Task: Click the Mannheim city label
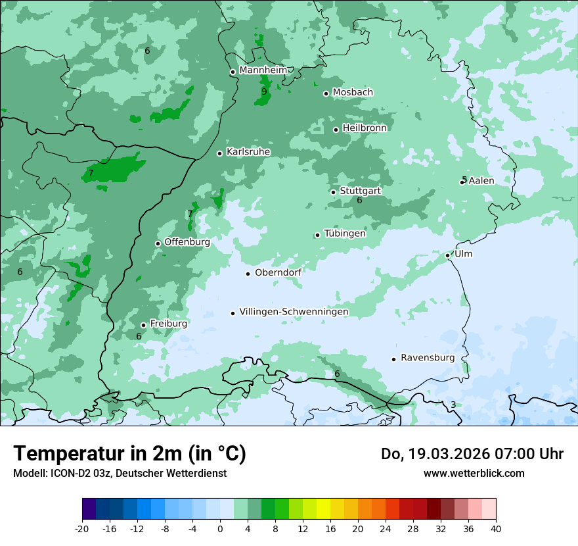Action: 263,70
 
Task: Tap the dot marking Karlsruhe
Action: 220,153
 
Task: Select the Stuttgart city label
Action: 360,191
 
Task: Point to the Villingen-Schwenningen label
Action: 294,312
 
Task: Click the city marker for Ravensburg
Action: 394,359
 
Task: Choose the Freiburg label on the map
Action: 168,324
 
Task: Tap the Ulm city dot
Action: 448,255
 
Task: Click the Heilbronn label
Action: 365,128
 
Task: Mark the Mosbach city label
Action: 353,93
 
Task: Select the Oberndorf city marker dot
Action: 248,274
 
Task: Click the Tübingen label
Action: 345,234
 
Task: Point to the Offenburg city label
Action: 187,242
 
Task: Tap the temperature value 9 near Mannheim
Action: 264,92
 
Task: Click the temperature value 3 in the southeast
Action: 453,405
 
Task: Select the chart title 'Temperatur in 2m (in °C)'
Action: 129,454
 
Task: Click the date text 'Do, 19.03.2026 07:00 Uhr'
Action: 472,454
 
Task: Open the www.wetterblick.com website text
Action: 474,473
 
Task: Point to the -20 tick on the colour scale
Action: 82,528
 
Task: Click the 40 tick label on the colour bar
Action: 496,528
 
